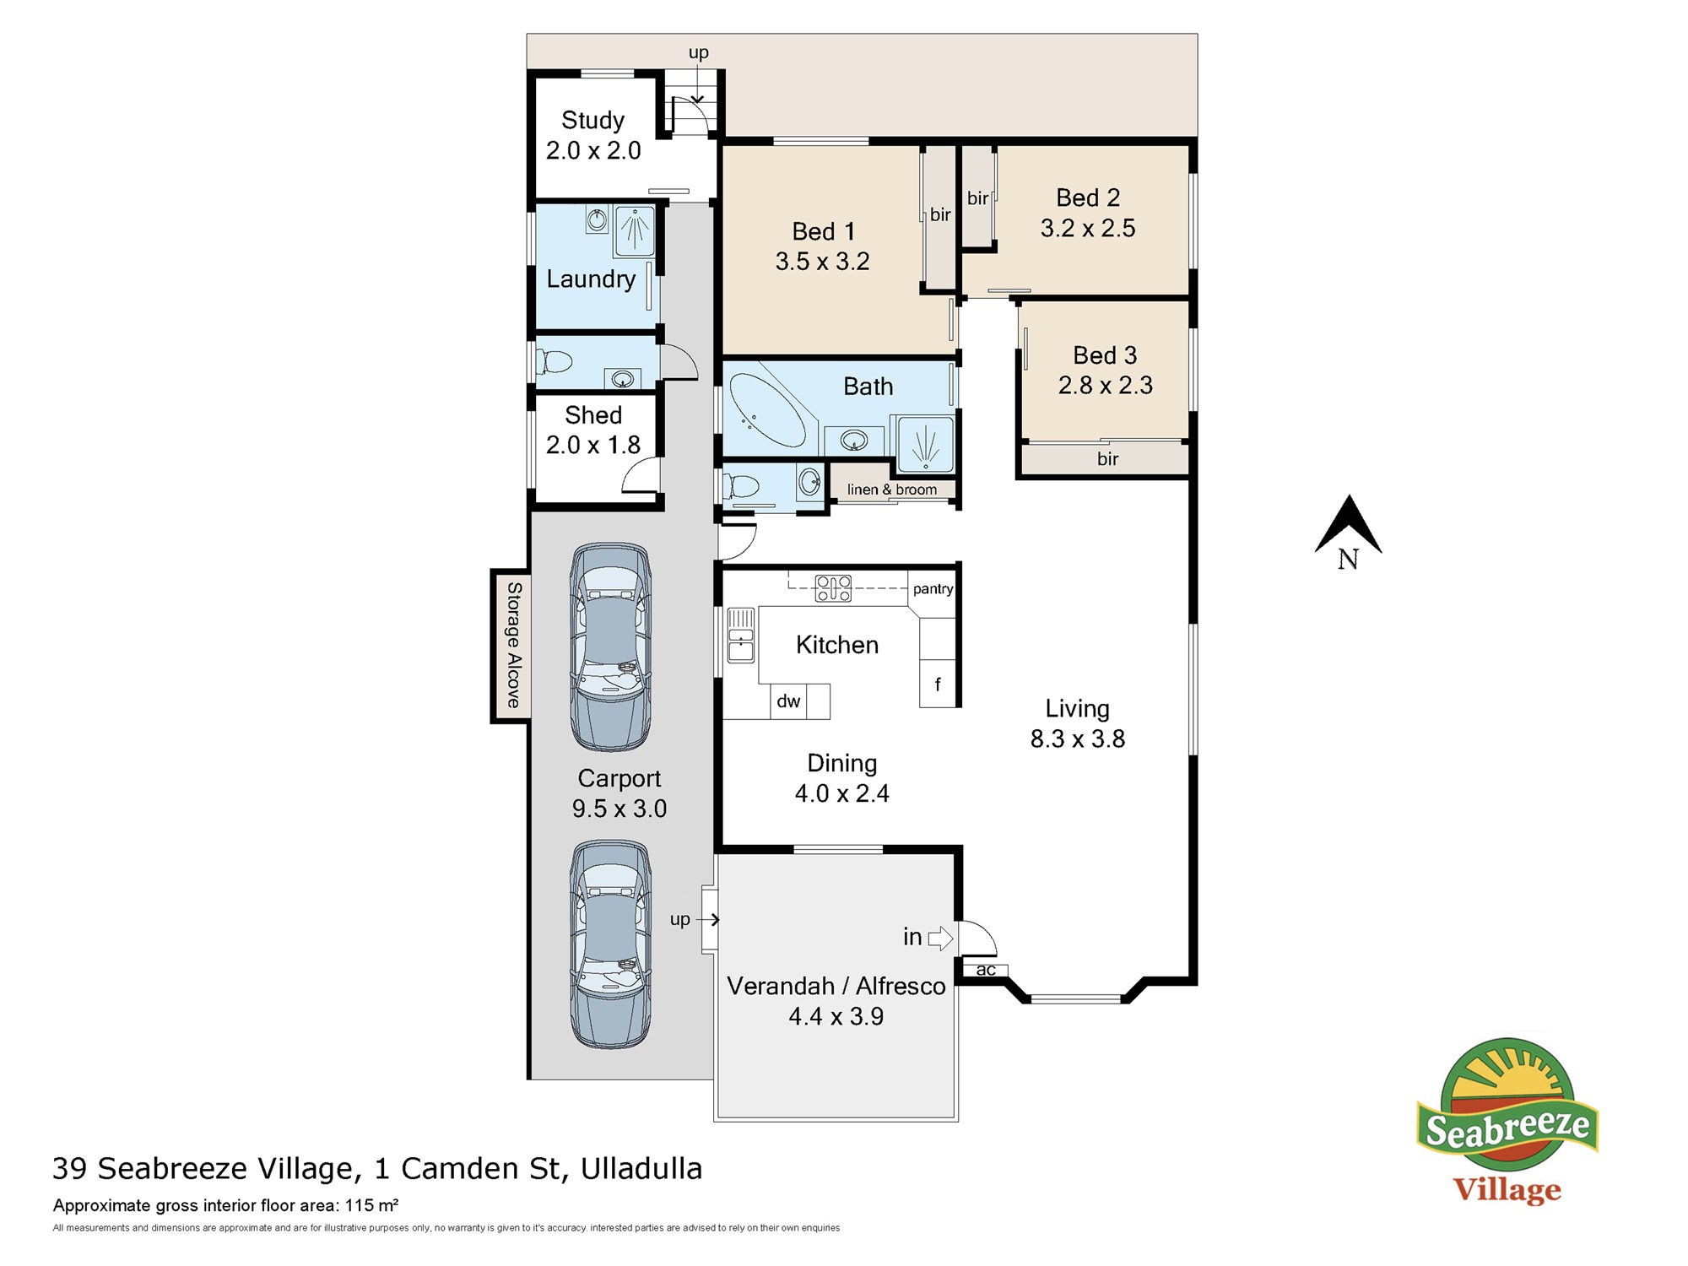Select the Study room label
592,121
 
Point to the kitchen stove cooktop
833,587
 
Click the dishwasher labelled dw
788,701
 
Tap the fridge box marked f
938,684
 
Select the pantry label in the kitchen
933,589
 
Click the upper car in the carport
610,647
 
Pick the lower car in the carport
610,944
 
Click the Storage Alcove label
513,645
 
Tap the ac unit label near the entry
985,971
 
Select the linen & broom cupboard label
892,490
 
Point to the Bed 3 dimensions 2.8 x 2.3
1105,386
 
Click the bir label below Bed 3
1107,459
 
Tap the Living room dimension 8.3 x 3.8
1078,739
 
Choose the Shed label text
593,415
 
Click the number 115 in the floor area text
358,1205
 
